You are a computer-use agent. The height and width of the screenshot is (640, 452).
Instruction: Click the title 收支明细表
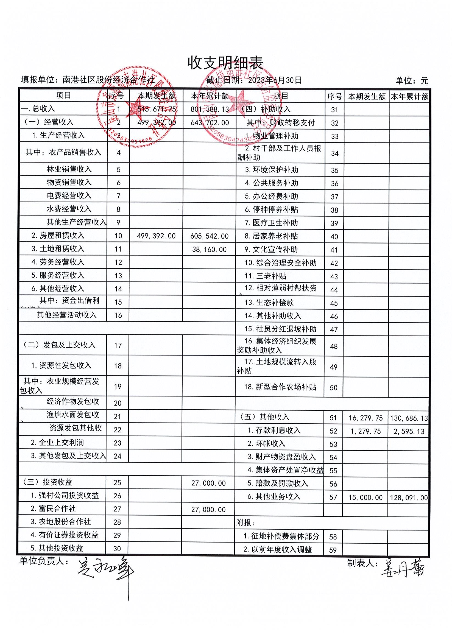pos(225,63)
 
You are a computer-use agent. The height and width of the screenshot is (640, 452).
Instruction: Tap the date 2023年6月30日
pos(275,80)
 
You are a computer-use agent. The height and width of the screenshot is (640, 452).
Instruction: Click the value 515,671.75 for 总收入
pos(157,109)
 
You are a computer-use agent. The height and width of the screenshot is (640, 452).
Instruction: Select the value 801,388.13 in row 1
pos(210,109)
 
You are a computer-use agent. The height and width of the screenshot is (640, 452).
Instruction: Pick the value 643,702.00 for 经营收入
pos(210,123)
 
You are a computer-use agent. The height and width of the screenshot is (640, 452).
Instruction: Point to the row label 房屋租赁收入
pos(58,236)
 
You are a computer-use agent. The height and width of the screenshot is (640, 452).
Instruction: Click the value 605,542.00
pos(210,236)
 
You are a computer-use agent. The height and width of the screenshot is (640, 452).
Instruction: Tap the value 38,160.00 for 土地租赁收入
pos(210,250)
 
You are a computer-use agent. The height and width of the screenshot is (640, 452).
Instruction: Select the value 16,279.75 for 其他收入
pos(365,418)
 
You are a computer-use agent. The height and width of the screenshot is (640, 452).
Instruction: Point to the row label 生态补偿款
pos(269,303)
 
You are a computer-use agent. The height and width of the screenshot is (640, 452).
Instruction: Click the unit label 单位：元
pos(412,80)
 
